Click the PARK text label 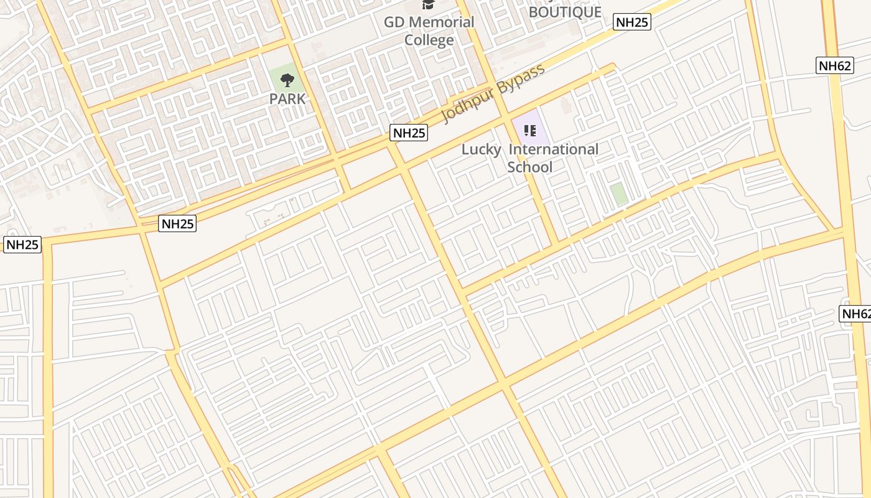point(287,99)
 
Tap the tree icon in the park point(287,80)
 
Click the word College point(429,40)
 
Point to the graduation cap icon point(428,4)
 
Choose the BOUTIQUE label point(565,12)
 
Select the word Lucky point(481,149)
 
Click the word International point(554,149)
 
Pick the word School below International point(529,167)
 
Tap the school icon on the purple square point(530,131)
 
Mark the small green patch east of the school point(618,194)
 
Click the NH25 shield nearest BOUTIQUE point(632,22)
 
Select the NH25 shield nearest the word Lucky point(409,132)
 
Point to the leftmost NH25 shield point(22,245)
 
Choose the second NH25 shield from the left point(177,223)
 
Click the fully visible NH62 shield point(835,65)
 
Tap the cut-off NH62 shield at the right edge point(856,314)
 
